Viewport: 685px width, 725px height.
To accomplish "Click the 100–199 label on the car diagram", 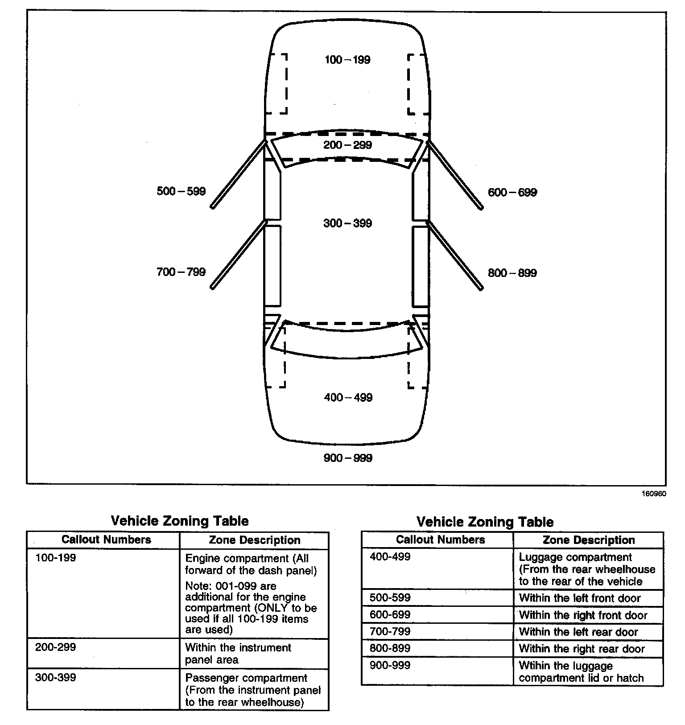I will click(x=347, y=60).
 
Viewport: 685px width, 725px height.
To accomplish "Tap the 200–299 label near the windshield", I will click(x=347, y=145).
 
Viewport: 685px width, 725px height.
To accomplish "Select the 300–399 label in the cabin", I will click(x=347, y=223).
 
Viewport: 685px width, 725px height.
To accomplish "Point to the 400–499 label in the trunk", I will click(x=348, y=397).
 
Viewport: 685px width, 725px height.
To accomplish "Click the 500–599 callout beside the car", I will click(x=181, y=191).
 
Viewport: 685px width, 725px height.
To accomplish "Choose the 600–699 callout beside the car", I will click(x=512, y=193).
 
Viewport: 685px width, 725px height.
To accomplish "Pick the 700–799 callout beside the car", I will click(x=181, y=272).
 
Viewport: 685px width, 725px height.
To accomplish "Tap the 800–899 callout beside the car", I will click(x=512, y=273).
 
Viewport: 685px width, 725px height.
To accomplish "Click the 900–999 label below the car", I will click(x=347, y=458).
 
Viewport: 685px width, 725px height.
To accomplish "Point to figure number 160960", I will click(x=654, y=494).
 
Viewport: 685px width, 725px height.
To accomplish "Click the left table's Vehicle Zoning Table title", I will click(x=179, y=521).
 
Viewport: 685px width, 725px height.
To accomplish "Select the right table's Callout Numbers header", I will click(x=440, y=540).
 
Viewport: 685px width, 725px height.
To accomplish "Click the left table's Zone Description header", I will click(x=255, y=540).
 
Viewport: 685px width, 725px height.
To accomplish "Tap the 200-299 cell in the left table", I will click(x=56, y=647).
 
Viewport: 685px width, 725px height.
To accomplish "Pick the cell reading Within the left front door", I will click(x=580, y=598).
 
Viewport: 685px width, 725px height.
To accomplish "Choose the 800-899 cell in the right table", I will click(x=390, y=648).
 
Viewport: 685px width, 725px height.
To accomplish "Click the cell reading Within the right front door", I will click(x=583, y=615).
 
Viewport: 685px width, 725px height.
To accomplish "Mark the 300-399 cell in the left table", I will click(x=56, y=677).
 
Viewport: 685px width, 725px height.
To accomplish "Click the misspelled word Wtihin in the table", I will click(x=534, y=666).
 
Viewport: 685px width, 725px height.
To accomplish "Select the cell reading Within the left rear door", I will click(x=578, y=632).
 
